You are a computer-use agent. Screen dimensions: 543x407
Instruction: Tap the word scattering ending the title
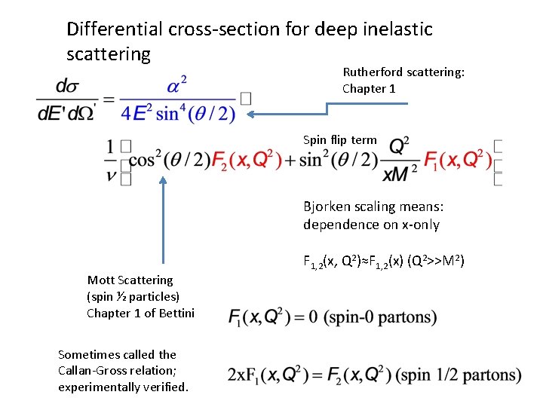(109, 54)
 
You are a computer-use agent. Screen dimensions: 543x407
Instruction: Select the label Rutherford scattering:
(403, 72)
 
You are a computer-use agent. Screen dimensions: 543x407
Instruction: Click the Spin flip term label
(339, 140)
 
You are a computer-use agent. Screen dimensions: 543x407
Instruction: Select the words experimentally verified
(124, 387)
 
